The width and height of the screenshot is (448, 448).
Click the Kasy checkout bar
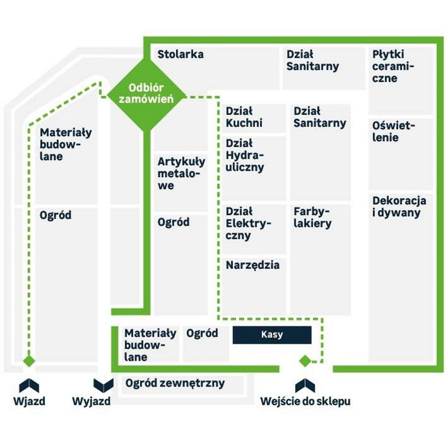(272, 335)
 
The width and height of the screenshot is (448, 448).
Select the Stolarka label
(181, 54)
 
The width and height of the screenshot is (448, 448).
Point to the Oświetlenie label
(393, 131)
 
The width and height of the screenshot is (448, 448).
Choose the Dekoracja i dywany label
(399, 207)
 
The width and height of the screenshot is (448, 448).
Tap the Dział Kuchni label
(244, 117)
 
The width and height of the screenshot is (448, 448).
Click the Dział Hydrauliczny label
(245, 155)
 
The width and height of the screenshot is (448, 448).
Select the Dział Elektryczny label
(248, 224)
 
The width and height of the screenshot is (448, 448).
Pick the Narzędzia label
(253, 265)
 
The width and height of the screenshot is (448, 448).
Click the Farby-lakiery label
(313, 218)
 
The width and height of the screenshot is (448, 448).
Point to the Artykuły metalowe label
(182, 174)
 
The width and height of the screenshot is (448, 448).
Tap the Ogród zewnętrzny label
(175, 383)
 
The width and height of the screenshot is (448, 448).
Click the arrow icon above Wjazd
(29, 385)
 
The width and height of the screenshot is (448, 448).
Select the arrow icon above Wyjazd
(103, 385)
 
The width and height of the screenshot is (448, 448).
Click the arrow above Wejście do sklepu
(305, 385)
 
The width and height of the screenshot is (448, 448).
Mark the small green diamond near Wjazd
(29, 361)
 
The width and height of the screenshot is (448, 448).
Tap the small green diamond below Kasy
(305, 361)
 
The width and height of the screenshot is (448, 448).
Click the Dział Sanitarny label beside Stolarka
(313, 60)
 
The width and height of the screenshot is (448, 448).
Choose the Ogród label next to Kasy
(202, 333)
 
